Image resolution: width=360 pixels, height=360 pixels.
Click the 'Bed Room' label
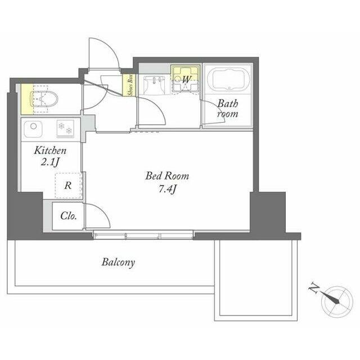pyautogui.click(x=167, y=176)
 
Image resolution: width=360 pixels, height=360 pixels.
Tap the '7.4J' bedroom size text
pyautogui.click(x=168, y=190)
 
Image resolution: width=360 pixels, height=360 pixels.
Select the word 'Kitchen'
pyautogui.click(x=50, y=151)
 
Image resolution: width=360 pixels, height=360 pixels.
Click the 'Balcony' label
pyautogui.click(x=118, y=263)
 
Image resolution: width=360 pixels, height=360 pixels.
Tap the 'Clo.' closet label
pyautogui.click(x=69, y=216)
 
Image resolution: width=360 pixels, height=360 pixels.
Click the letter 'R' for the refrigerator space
pyautogui.click(x=68, y=185)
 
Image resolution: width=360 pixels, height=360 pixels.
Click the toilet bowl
pyautogui.click(x=44, y=99)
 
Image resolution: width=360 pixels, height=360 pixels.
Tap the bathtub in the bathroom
pyautogui.click(x=228, y=78)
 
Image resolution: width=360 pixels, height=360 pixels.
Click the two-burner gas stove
pyautogui.click(x=65, y=129)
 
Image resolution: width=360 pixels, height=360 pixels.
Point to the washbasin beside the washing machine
pyautogui.click(x=154, y=85)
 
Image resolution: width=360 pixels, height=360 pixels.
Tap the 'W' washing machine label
pyautogui.click(x=186, y=80)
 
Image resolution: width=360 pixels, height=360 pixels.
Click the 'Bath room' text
pyautogui.click(x=227, y=109)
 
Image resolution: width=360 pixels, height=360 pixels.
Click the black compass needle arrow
pyautogui.click(x=328, y=297)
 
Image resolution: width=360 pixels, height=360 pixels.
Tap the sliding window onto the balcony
pyautogui.click(x=143, y=235)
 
